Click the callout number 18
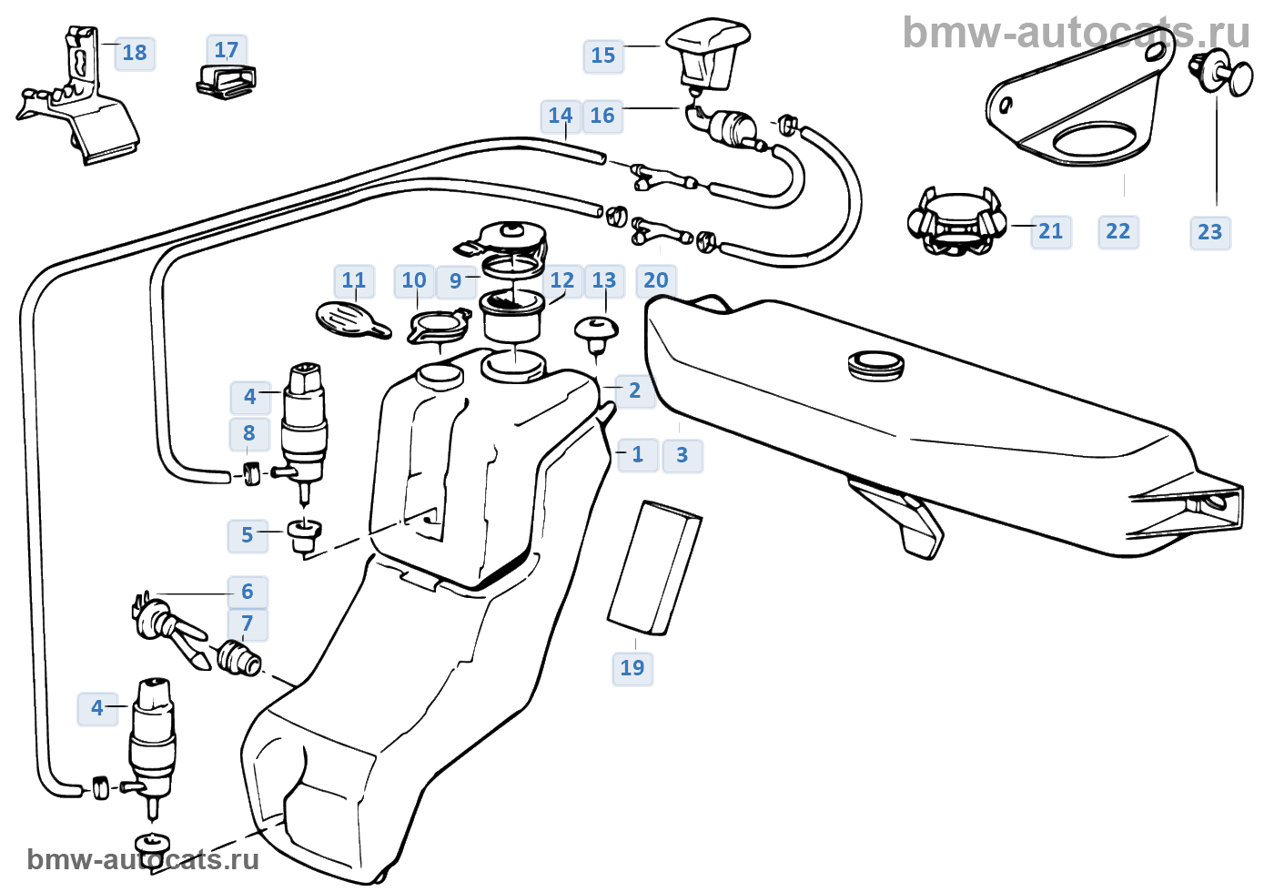[x=135, y=53]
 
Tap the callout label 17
[x=227, y=50]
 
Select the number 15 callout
[x=603, y=56]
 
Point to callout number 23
[x=1210, y=232]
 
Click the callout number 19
[x=632, y=668]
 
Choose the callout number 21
[x=1051, y=231]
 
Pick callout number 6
[x=248, y=592]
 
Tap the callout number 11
[x=354, y=280]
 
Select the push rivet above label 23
[x=1220, y=77]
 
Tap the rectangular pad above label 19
[x=654, y=567]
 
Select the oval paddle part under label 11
[x=352, y=320]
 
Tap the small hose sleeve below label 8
[x=251, y=473]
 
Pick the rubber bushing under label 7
[x=238, y=658]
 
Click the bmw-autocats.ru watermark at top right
[x=1076, y=33]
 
